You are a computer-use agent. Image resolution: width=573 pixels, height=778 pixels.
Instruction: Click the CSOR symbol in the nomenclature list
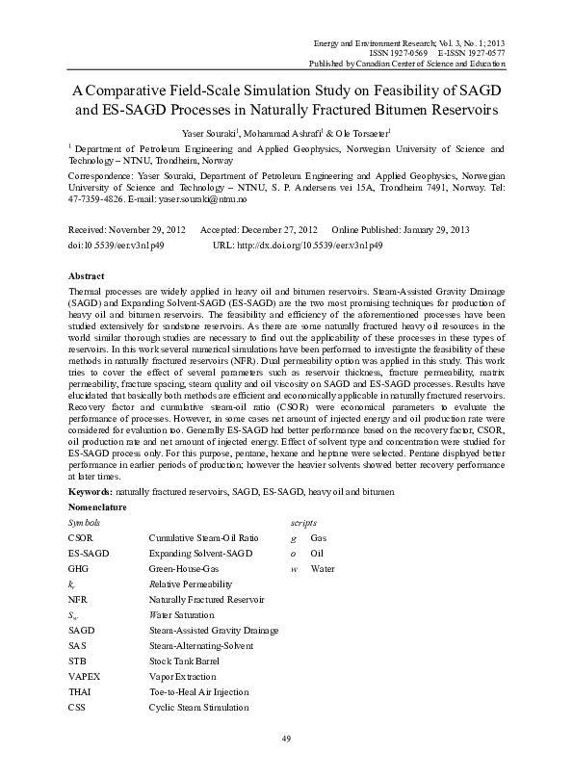point(82,537)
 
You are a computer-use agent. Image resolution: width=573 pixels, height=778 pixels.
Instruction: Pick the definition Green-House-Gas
point(184,568)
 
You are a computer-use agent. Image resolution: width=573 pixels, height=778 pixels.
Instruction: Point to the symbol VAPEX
point(85,677)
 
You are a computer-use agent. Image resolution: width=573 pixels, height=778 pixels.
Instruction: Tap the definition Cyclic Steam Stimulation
point(197,708)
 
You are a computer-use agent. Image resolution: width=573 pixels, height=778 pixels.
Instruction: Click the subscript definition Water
point(324,568)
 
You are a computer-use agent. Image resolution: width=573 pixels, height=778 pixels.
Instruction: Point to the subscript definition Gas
point(319,537)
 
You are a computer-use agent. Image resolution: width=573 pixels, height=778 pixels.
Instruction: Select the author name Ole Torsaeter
point(354,132)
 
